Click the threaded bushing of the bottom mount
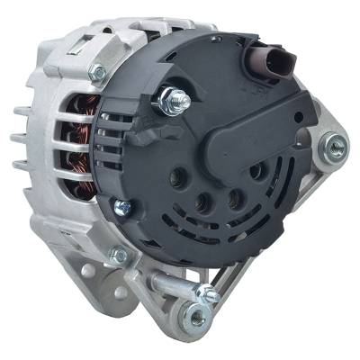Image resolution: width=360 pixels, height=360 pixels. tap(193, 315)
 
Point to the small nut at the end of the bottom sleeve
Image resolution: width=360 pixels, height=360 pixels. tap(211, 293)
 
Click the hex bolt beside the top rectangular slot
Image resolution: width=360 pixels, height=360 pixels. tap(96, 72)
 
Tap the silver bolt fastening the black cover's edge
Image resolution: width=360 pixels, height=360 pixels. tap(122, 208)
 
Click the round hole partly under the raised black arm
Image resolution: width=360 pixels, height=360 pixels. tap(256, 170)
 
